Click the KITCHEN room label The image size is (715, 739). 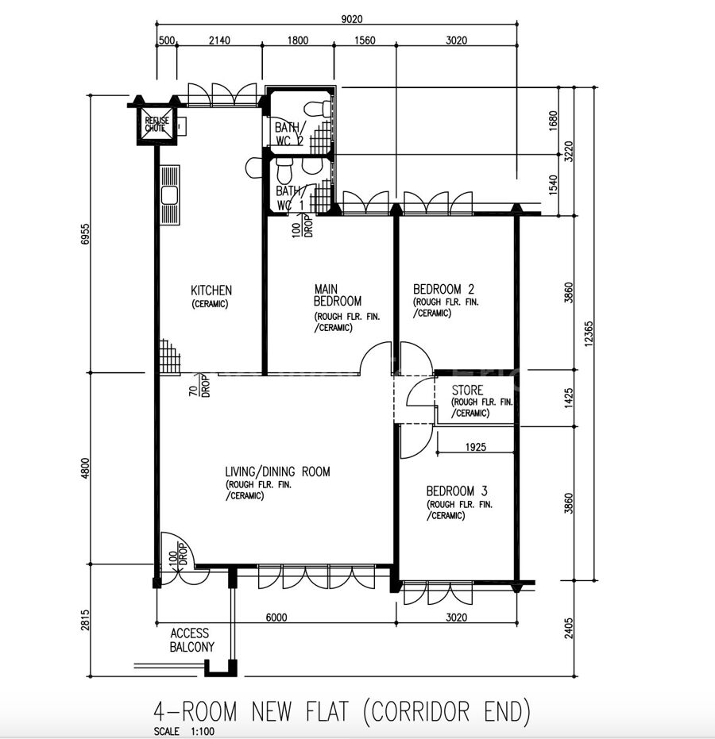tap(211, 291)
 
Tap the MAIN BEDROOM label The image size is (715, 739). tap(338, 295)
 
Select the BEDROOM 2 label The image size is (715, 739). tap(443, 289)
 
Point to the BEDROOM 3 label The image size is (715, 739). tap(457, 491)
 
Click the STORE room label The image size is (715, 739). tap(467, 391)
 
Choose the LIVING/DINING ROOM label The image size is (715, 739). tap(277, 471)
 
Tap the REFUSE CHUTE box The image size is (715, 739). tap(156, 125)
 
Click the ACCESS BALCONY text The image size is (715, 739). tap(192, 640)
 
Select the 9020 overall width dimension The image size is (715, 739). tap(352, 19)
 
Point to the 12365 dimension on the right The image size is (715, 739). tap(589, 333)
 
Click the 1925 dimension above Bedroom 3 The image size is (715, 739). tap(475, 447)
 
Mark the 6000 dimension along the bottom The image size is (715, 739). tap(276, 618)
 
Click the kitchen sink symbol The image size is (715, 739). tap(169, 195)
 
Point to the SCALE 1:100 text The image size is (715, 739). tap(184, 732)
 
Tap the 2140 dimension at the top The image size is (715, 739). tap(219, 40)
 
